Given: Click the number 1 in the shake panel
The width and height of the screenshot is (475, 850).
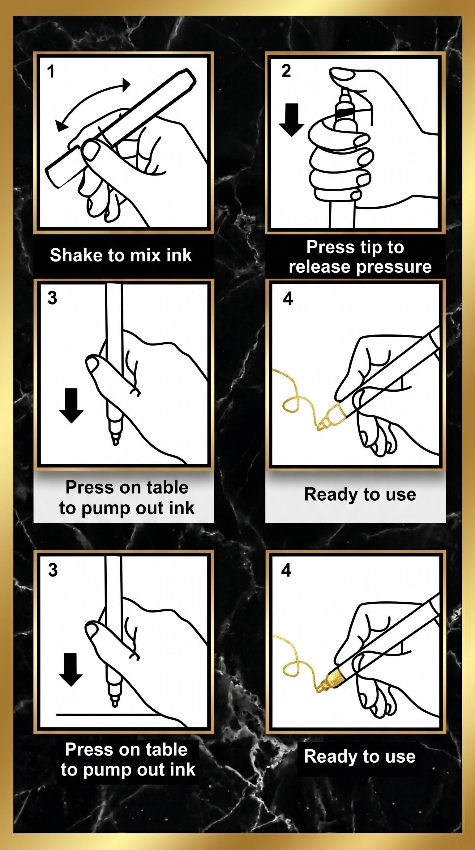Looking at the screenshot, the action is coord(50,72).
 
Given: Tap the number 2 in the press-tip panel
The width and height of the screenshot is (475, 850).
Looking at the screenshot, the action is coord(286,71).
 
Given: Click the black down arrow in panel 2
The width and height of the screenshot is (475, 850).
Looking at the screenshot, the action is coord(291,120).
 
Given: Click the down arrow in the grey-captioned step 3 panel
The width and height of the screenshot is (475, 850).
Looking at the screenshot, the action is coord(71,406).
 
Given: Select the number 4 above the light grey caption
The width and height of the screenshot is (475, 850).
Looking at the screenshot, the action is coord(288,299).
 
